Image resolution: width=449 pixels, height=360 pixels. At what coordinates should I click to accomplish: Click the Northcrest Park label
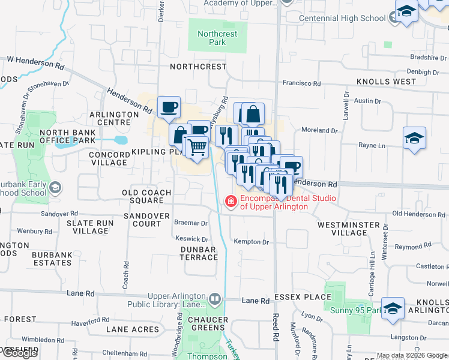tap(218, 38)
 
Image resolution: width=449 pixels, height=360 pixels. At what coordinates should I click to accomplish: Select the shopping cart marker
tap(196, 146)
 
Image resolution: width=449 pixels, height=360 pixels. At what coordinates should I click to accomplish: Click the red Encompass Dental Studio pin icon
tap(230, 203)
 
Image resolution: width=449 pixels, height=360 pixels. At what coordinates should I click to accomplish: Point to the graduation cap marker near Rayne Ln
tap(414, 139)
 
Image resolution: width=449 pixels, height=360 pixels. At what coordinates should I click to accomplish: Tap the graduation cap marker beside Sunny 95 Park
tap(393, 309)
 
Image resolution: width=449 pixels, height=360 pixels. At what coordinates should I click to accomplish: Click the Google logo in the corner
tap(19, 353)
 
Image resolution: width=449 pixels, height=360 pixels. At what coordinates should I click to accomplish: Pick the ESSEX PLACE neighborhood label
tap(303, 296)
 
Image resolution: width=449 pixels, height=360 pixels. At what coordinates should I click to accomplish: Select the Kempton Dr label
tap(251, 242)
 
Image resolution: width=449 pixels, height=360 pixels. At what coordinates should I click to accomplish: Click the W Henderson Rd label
tap(35, 61)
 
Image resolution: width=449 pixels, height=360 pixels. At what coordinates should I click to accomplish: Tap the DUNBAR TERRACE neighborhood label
tap(199, 253)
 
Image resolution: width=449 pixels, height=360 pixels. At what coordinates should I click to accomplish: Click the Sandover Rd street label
tap(59, 214)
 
